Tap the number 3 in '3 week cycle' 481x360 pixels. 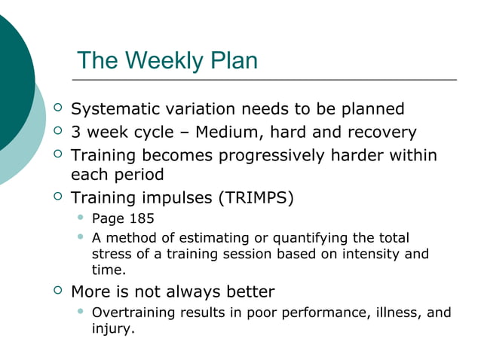click(x=75, y=133)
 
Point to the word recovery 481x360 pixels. click(x=381, y=133)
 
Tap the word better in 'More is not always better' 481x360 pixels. click(x=248, y=291)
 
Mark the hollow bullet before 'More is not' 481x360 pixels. click(x=59, y=290)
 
